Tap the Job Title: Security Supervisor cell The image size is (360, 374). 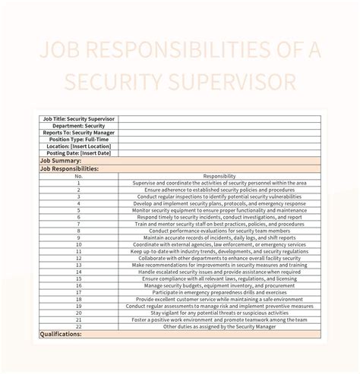79,118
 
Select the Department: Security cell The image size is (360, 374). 79,126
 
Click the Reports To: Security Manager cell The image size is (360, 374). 79,133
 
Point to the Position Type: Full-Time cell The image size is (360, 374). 79,140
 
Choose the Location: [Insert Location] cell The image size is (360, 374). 79,147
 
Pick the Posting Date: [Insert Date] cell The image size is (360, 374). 79,154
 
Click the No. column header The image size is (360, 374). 79,176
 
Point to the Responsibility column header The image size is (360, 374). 219,176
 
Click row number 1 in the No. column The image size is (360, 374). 79,183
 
